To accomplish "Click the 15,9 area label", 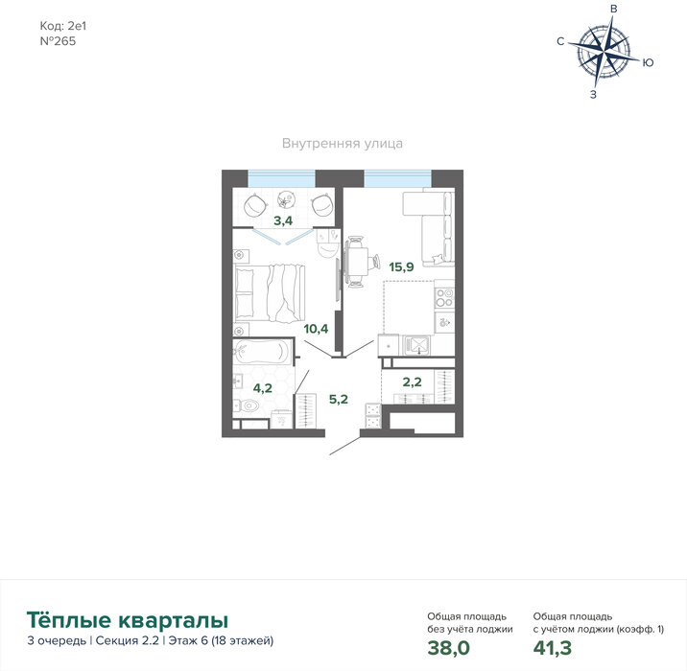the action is pyautogui.click(x=401, y=266).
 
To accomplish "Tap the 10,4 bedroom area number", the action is pyautogui.click(x=316, y=328).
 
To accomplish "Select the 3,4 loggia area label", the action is pyautogui.click(x=283, y=220).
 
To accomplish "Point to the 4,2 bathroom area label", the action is pyautogui.click(x=263, y=388).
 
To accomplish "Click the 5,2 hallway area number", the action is pyautogui.click(x=339, y=399).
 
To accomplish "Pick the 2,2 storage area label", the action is pyautogui.click(x=412, y=382).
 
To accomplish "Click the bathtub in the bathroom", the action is pyautogui.click(x=260, y=352).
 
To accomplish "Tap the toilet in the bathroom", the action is pyautogui.click(x=247, y=405).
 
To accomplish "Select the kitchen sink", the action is pyautogui.click(x=416, y=345).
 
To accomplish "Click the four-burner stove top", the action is pyautogui.click(x=444, y=297).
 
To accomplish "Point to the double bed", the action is pyautogui.click(x=269, y=293).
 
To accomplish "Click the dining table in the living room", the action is pyautogui.click(x=358, y=262).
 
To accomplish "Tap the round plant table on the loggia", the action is pyautogui.click(x=286, y=200).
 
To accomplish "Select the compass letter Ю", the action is pyautogui.click(x=649, y=62).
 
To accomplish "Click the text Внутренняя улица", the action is pyautogui.click(x=343, y=144).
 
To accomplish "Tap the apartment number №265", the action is pyautogui.click(x=58, y=41).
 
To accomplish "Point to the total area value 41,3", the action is pyautogui.click(x=552, y=648).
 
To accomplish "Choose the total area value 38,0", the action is pyautogui.click(x=449, y=648).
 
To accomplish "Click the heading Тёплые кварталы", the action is pyautogui.click(x=128, y=620).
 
